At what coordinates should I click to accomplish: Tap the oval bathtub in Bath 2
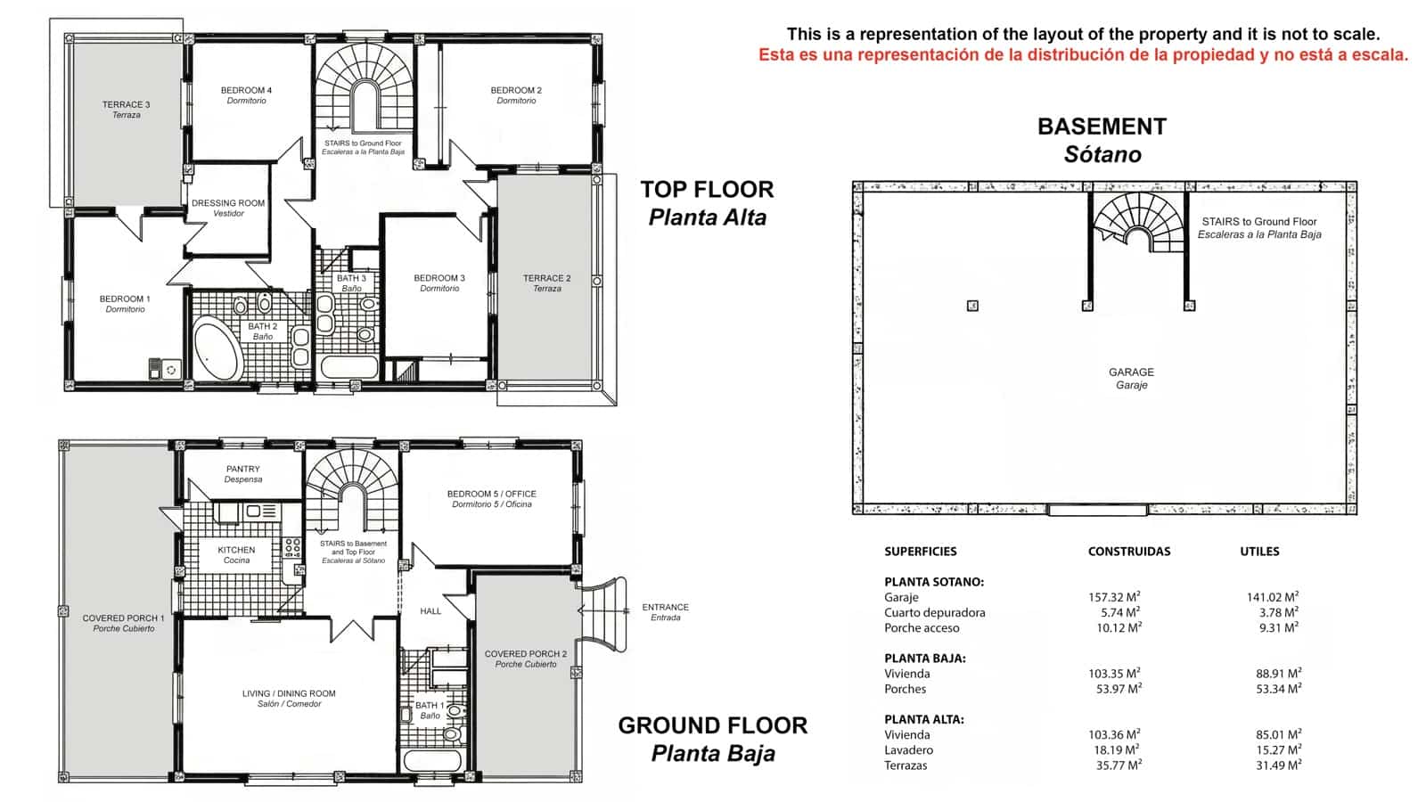tap(217, 351)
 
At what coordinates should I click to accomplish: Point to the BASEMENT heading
tap(1102, 127)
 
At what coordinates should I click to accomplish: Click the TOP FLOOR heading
tap(707, 189)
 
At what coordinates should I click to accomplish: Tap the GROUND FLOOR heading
tap(712, 725)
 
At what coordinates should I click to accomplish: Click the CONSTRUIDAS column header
tap(1128, 552)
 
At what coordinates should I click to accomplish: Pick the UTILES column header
tap(1259, 552)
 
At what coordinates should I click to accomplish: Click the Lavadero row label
tap(908, 750)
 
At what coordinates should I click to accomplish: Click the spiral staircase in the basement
tap(1137, 223)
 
